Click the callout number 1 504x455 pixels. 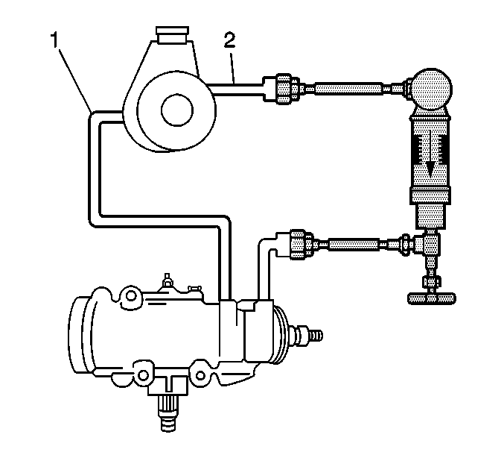pos(55,40)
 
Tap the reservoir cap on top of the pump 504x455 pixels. pos(171,34)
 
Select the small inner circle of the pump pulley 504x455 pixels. pos(177,110)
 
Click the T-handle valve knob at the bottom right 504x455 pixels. pos(431,298)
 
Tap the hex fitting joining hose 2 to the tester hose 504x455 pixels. pos(284,88)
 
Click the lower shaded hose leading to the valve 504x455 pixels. pos(354,244)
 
